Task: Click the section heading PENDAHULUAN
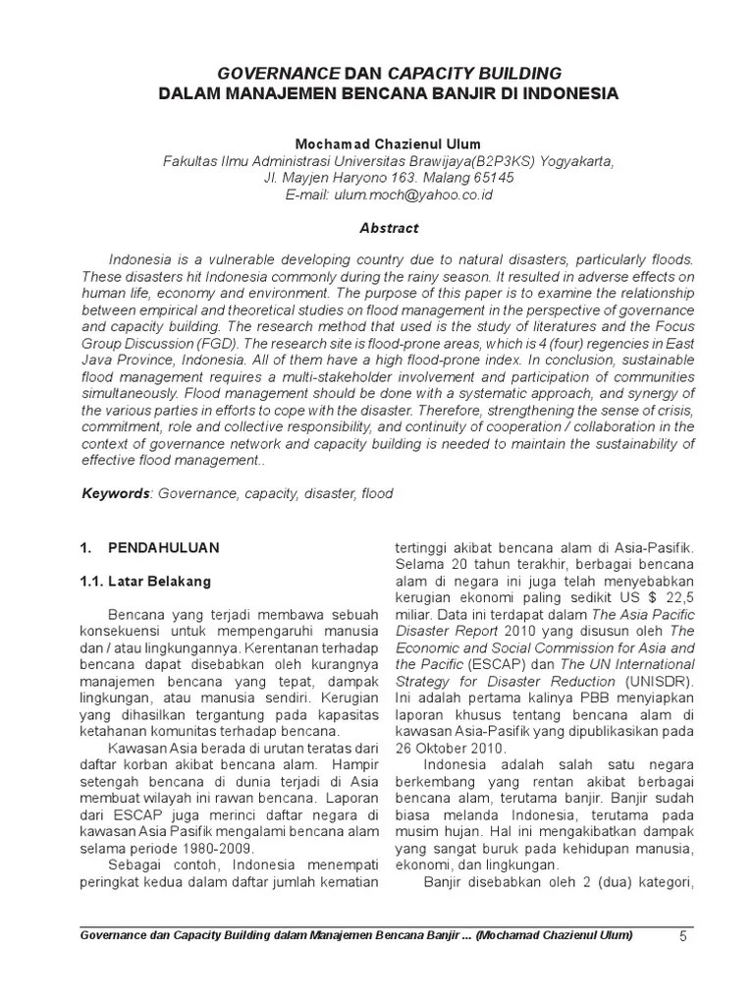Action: [x=165, y=546]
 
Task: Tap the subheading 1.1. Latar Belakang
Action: [x=145, y=582]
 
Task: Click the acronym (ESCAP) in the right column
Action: [x=489, y=665]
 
